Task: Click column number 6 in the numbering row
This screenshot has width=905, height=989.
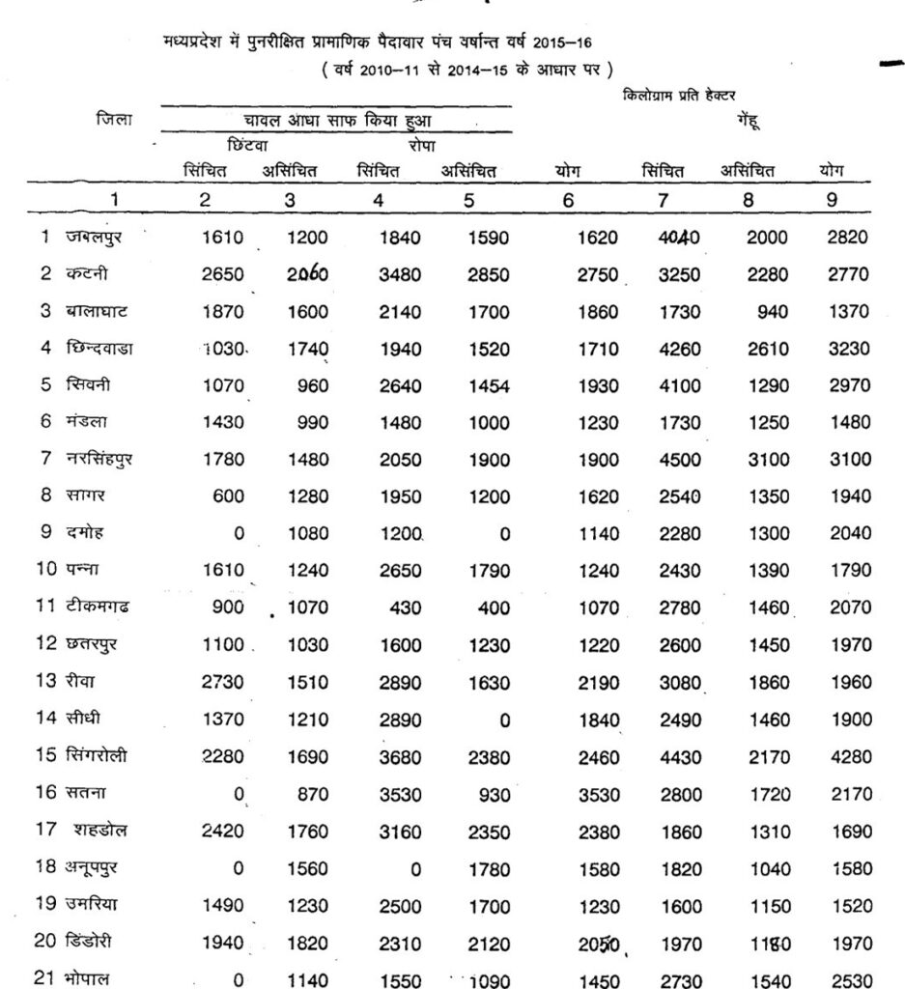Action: (x=568, y=200)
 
